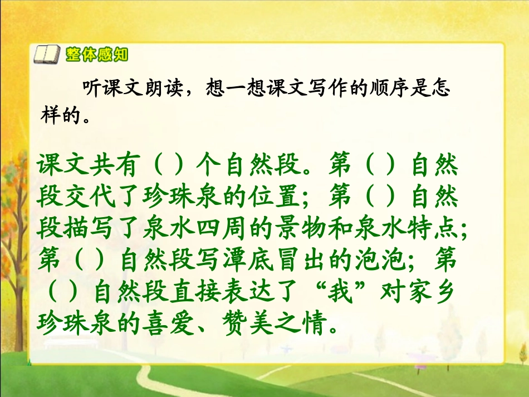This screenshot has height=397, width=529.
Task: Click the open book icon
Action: (45, 55)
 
